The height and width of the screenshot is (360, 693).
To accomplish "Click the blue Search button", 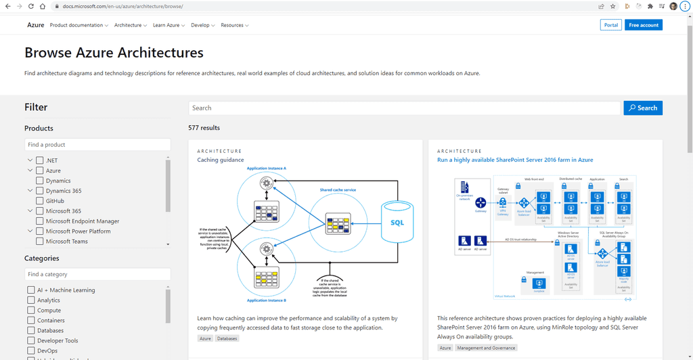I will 643,108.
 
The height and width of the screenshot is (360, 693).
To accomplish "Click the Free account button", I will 643,25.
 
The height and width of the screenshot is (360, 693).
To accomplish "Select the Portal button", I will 610,25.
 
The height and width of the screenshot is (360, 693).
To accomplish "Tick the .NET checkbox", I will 40,160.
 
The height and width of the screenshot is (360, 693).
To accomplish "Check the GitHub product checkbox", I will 40,201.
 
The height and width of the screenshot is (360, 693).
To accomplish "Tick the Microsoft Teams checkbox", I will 40,241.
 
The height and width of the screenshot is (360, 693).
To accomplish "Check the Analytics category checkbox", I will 31,300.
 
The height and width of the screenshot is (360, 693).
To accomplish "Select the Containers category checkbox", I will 31,321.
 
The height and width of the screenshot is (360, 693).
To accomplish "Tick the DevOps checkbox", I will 31,351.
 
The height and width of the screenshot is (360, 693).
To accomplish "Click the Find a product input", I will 97,145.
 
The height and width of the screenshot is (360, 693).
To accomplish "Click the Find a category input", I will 97,274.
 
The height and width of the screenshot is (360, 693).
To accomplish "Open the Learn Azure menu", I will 169,25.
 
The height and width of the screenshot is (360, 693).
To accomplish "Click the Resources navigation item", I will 234,25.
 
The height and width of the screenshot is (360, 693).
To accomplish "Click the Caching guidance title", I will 220,160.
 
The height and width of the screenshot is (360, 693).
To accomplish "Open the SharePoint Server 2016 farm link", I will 515,160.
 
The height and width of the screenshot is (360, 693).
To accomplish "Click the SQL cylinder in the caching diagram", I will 397,222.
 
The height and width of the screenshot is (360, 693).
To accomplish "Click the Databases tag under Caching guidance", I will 227,338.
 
